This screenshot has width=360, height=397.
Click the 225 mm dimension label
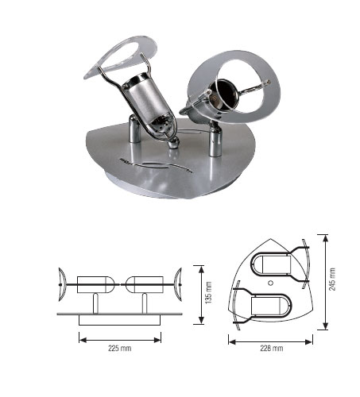pyautogui.click(x=119, y=348)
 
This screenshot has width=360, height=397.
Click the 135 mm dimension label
pyautogui.click(x=208, y=293)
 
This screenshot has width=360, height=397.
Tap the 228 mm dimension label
pyautogui.click(x=272, y=348)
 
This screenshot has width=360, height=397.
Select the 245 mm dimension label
pyautogui.click(x=332, y=279)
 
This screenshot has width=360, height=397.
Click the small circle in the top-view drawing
pyautogui.click(x=270, y=283)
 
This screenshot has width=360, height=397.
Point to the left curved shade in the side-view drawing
pyautogui.click(x=62, y=284)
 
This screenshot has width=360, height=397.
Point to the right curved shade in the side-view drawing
pyautogui.click(x=178, y=284)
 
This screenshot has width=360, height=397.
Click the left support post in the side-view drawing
pyautogui.click(x=95, y=303)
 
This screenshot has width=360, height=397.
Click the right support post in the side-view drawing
pyautogui.click(x=145, y=303)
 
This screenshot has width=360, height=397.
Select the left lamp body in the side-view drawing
pyautogui.click(x=95, y=284)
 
